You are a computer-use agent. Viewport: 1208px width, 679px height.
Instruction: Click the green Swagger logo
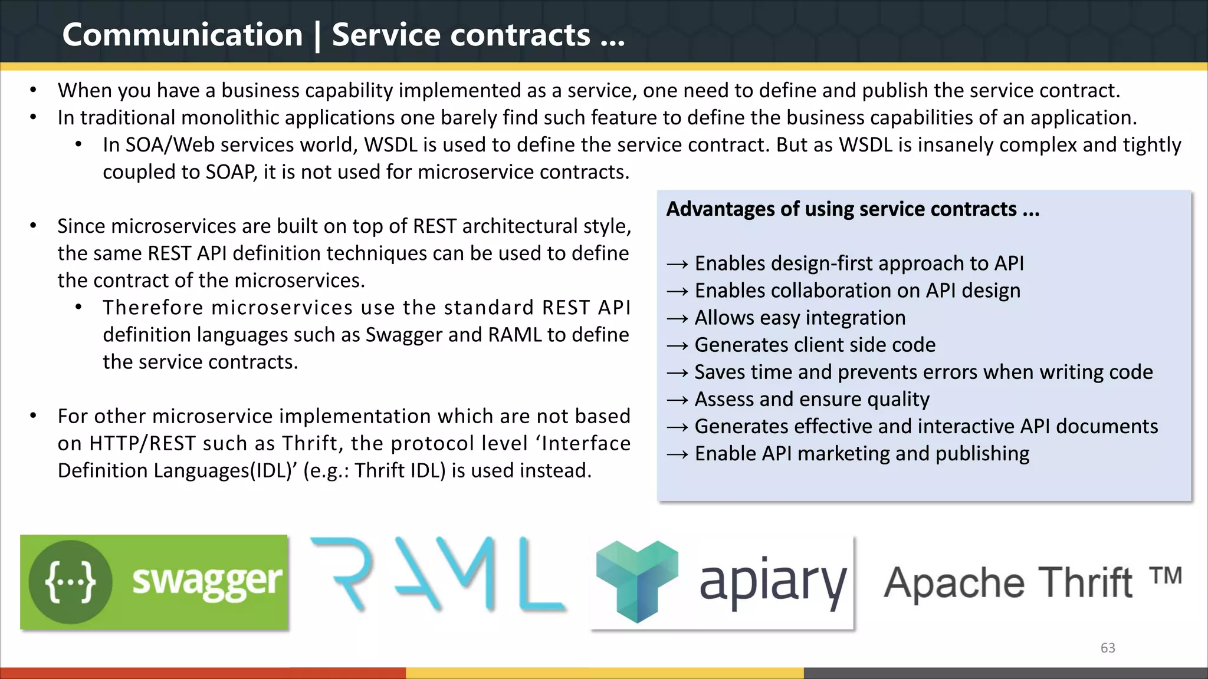[154, 582]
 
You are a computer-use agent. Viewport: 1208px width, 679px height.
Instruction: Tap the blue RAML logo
[438, 574]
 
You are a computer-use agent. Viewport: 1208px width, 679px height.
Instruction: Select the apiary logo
[723, 582]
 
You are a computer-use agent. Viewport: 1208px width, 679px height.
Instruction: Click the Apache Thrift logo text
[1008, 583]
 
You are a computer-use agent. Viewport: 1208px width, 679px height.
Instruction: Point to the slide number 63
[1108, 648]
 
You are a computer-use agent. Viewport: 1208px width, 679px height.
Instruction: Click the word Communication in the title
[182, 35]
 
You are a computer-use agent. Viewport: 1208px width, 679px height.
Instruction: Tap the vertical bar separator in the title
[318, 36]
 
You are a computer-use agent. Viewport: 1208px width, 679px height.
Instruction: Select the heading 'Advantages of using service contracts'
[852, 209]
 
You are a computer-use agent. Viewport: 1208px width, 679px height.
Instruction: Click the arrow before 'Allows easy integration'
[677, 319]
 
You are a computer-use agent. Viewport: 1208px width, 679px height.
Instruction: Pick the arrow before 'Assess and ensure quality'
[677, 400]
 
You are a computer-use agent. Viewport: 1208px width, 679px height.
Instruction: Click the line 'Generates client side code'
[815, 345]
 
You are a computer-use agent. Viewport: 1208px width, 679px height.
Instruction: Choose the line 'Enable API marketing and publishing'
[862, 453]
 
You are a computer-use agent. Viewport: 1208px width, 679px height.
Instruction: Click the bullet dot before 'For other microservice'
[34, 416]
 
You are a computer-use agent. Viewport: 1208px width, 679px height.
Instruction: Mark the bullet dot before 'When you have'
[34, 90]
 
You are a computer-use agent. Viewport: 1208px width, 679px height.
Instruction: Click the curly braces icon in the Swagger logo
[70, 582]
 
